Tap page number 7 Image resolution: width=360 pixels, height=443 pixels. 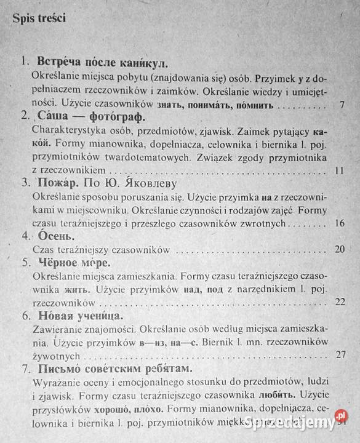pos(342,105)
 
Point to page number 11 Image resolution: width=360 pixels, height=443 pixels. pos(340,170)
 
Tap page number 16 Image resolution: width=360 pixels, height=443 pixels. pos(340,223)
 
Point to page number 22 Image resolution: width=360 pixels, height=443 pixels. pos(340,303)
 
